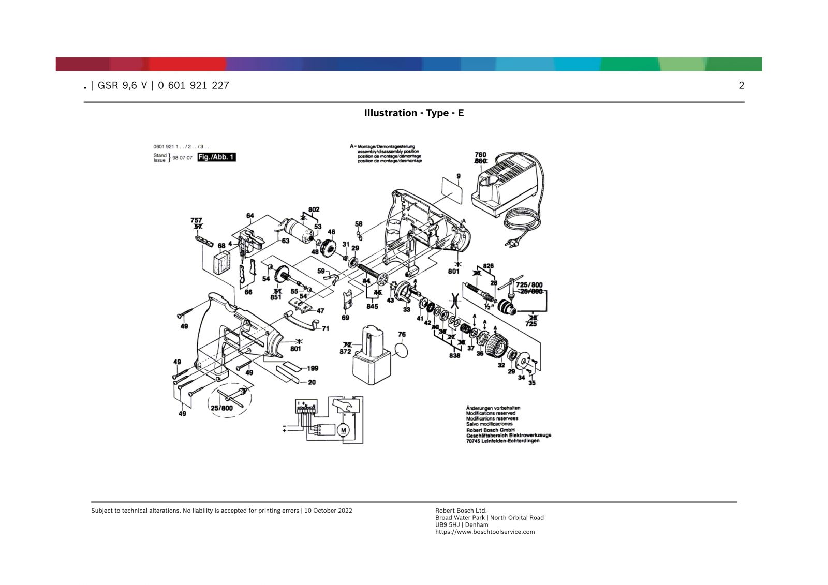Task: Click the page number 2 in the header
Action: pos(741,86)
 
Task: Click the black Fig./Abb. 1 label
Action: pos(216,157)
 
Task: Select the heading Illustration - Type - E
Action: pos(414,113)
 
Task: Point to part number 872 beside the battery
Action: pos(345,352)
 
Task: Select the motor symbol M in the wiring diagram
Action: pos(343,429)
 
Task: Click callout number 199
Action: pos(313,368)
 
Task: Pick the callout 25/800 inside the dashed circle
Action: pos(221,408)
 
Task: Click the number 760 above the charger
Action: pos(480,155)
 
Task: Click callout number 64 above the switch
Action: pos(250,216)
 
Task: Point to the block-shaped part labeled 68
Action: pos(223,261)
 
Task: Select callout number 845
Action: pos(372,306)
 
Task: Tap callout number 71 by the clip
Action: pos(326,328)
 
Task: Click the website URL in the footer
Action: pos(485,532)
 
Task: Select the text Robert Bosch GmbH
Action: pos(490,430)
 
